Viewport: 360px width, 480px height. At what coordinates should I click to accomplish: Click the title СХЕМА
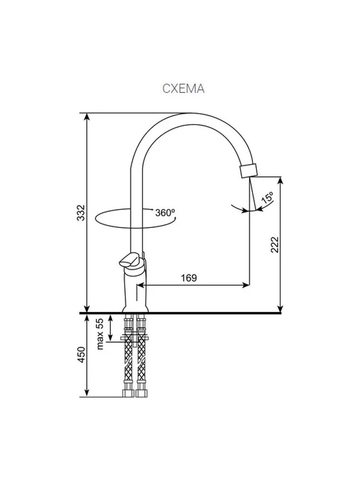[183, 89]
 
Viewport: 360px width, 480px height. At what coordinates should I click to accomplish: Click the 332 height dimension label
[81, 212]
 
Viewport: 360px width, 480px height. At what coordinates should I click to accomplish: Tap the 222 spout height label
[275, 244]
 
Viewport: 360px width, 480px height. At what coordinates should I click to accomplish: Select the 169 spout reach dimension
[189, 278]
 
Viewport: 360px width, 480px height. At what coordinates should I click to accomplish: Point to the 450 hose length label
[81, 355]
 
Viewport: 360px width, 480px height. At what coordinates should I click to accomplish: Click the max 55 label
[100, 334]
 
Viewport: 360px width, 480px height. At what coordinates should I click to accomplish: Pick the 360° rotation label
[165, 213]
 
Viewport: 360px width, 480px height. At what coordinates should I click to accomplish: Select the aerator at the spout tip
[248, 170]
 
